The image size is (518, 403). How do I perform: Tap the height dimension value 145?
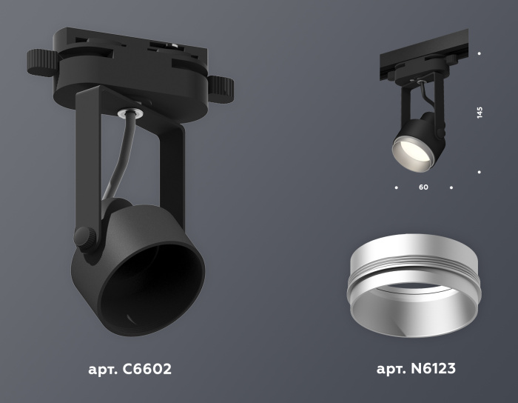tap(480, 113)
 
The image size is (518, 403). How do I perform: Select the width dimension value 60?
tap(423, 187)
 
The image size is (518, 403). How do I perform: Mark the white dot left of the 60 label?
tap(396, 187)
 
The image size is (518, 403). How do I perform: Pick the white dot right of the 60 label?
tap(451, 187)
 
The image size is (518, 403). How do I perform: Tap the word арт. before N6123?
tap(390, 369)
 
